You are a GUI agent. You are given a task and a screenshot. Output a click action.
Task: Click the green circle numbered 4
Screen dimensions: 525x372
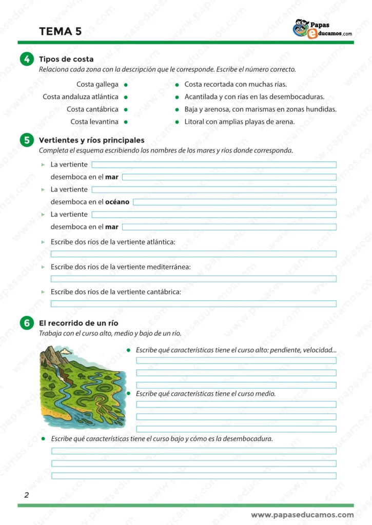click(x=26, y=59)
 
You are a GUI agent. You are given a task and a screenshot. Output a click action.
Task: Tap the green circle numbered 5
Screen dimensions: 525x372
click(x=26, y=140)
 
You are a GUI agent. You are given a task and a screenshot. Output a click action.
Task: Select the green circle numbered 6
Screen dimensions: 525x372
click(x=26, y=323)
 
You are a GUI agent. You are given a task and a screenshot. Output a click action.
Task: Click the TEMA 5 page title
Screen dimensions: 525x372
click(x=60, y=31)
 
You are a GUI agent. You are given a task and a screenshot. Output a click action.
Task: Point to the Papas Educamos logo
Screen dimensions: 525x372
click(x=322, y=29)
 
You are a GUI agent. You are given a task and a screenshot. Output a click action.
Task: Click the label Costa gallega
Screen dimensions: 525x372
click(x=97, y=84)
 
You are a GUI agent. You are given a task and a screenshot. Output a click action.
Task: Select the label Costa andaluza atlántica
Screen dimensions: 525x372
click(x=80, y=96)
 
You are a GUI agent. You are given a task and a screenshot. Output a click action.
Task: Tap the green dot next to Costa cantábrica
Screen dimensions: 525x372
click(x=126, y=109)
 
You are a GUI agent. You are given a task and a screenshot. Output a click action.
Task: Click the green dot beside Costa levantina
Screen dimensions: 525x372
click(x=126, y=122)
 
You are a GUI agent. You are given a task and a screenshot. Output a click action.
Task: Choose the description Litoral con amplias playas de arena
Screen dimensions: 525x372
click(x=239, y=122)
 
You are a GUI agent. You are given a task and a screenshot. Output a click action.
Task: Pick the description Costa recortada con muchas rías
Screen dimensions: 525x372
click(x=235, y=84)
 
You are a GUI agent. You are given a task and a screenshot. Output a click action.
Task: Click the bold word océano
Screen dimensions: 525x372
click(x=117, y=202)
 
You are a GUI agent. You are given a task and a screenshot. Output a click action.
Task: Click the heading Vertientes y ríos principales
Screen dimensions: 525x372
click(x=91, y=140)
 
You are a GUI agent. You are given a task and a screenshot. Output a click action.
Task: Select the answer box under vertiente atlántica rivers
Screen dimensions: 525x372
click(x=193, y=254)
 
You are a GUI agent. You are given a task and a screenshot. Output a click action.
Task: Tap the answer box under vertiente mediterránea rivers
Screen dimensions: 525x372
click(x=193, y=278)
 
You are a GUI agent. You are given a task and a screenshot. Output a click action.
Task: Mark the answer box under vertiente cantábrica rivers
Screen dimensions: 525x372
click(x=193, y=304)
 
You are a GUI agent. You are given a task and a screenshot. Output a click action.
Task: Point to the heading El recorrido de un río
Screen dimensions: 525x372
click(x=79, y=323)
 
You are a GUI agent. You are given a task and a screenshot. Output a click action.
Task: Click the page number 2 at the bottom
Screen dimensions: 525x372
click(x=26, y=495)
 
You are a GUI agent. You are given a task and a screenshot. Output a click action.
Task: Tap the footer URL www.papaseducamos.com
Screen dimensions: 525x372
click(x=302, y=515)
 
